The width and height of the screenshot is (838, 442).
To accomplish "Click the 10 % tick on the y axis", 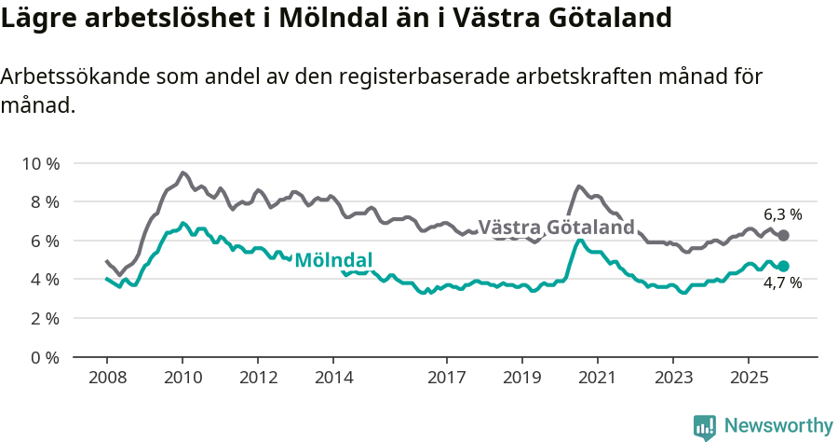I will click(x=40, y=163).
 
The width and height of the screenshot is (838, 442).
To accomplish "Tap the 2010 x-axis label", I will click(x=182, y=378).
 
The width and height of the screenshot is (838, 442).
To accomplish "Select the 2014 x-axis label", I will click(x=333, y=378).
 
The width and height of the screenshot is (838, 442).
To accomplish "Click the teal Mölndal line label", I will click(x=333, y=260).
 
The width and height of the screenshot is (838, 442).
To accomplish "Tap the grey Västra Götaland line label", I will click(x=556, y=228).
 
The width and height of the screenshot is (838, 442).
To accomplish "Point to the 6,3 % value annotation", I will click(x=782, y=214).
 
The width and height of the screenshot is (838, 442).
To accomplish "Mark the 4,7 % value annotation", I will click(x=782, y=283).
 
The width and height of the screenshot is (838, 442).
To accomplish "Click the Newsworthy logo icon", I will click(x=705, y=426).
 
